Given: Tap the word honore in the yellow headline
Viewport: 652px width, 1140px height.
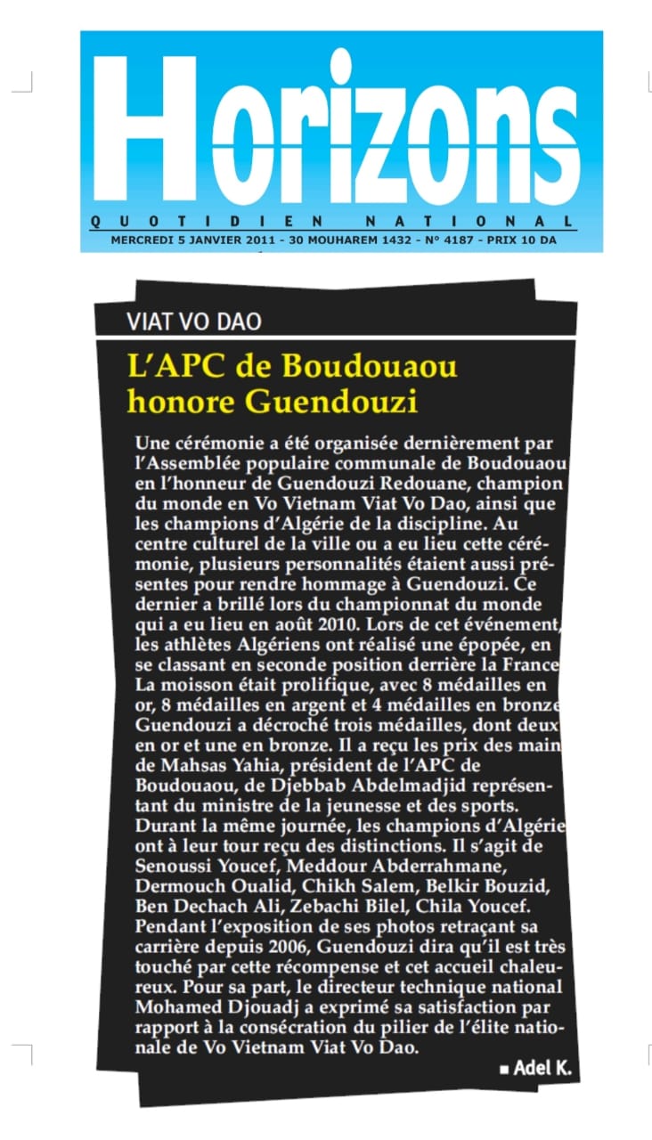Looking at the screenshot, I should click(x=182, y=402).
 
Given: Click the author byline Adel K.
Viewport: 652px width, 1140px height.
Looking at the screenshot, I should click(x=542, y=1067).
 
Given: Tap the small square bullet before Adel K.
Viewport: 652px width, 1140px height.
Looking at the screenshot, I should click(x=505, y=1069).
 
